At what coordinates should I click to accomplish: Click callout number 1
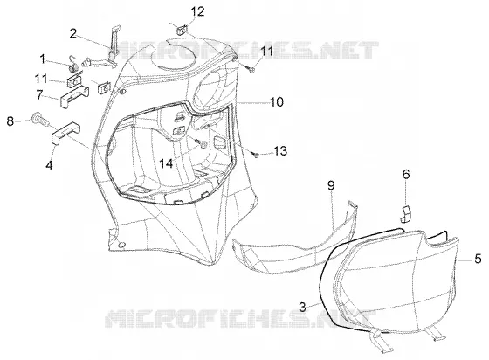tap(42, 59)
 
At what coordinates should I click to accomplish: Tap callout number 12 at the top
tap(197, 11)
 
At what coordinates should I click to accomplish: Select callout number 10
tap(277, 101)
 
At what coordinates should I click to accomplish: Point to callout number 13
tap(280, 151)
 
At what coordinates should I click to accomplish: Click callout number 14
tap(166, 163)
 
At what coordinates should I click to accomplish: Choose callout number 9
tap(331, 185)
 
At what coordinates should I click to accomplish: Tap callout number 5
tap(479, 259)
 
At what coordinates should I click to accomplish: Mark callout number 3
tap(302, 307)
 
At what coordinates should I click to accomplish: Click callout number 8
tap(10, 121)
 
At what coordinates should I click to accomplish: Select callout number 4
tap(49, 165)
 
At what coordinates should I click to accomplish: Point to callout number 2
tap(73, 33)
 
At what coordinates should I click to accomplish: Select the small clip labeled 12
tap(182, 30)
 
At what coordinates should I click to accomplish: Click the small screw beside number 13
tap(255, 154)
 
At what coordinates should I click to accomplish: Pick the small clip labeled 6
tap(406, 215)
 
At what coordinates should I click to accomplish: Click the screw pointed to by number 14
tap(202, 144)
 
